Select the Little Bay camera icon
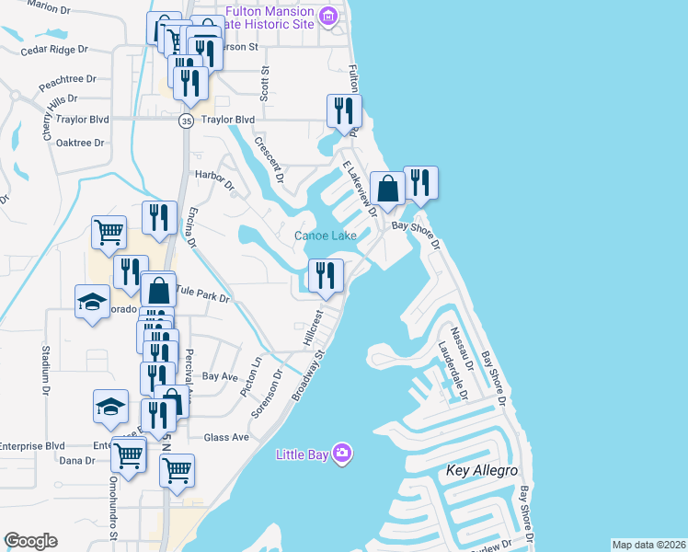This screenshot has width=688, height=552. click(x=342, y=453)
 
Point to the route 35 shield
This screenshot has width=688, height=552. click(x=186, y=121)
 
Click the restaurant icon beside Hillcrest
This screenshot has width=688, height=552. click(x=326, y=275)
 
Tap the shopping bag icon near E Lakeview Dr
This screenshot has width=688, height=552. click(x=387, y=188)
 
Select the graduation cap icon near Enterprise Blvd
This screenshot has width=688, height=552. click(x=111, y=406)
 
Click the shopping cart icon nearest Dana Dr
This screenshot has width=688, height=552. click(x=128, y=454)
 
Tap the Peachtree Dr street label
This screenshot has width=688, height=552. click(x=67, y=82)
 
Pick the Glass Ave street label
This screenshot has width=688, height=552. click(x=226, y=438)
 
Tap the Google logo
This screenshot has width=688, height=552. click(x=30, y=541)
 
